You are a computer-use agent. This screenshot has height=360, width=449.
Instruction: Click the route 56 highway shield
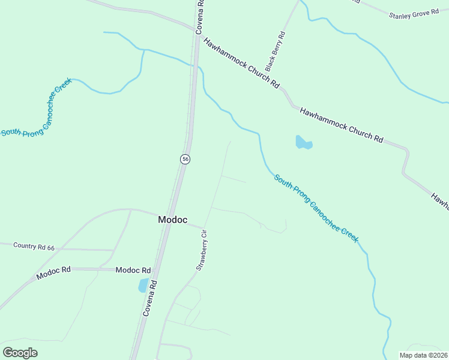tap(185, 159)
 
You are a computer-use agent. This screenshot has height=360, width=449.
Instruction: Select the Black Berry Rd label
tap(278, 52)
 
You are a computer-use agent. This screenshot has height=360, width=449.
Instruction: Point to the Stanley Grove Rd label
tap(414, 14)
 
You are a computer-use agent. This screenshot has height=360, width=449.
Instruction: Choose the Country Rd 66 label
tap(34, 246)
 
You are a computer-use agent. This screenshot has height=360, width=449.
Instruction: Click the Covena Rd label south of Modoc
tap(151, 298)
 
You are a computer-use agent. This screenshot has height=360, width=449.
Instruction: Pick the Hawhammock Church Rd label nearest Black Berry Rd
tap(241, 64)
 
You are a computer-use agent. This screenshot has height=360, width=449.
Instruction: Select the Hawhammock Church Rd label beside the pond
tap(341, 125)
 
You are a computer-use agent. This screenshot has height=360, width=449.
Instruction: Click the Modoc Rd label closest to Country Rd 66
tap(53, 273)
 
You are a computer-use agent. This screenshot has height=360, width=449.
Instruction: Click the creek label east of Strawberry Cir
tap(316, 208)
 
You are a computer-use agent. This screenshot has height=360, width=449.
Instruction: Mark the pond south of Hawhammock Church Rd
tap(304, 143)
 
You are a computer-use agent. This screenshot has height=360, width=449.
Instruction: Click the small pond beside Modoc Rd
tap(143, 286)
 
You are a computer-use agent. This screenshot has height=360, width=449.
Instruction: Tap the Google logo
tap(20, 352)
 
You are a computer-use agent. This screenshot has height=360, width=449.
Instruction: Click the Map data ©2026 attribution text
tap(423, 355)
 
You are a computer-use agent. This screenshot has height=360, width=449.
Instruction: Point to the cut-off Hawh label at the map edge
tap(440, 200)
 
